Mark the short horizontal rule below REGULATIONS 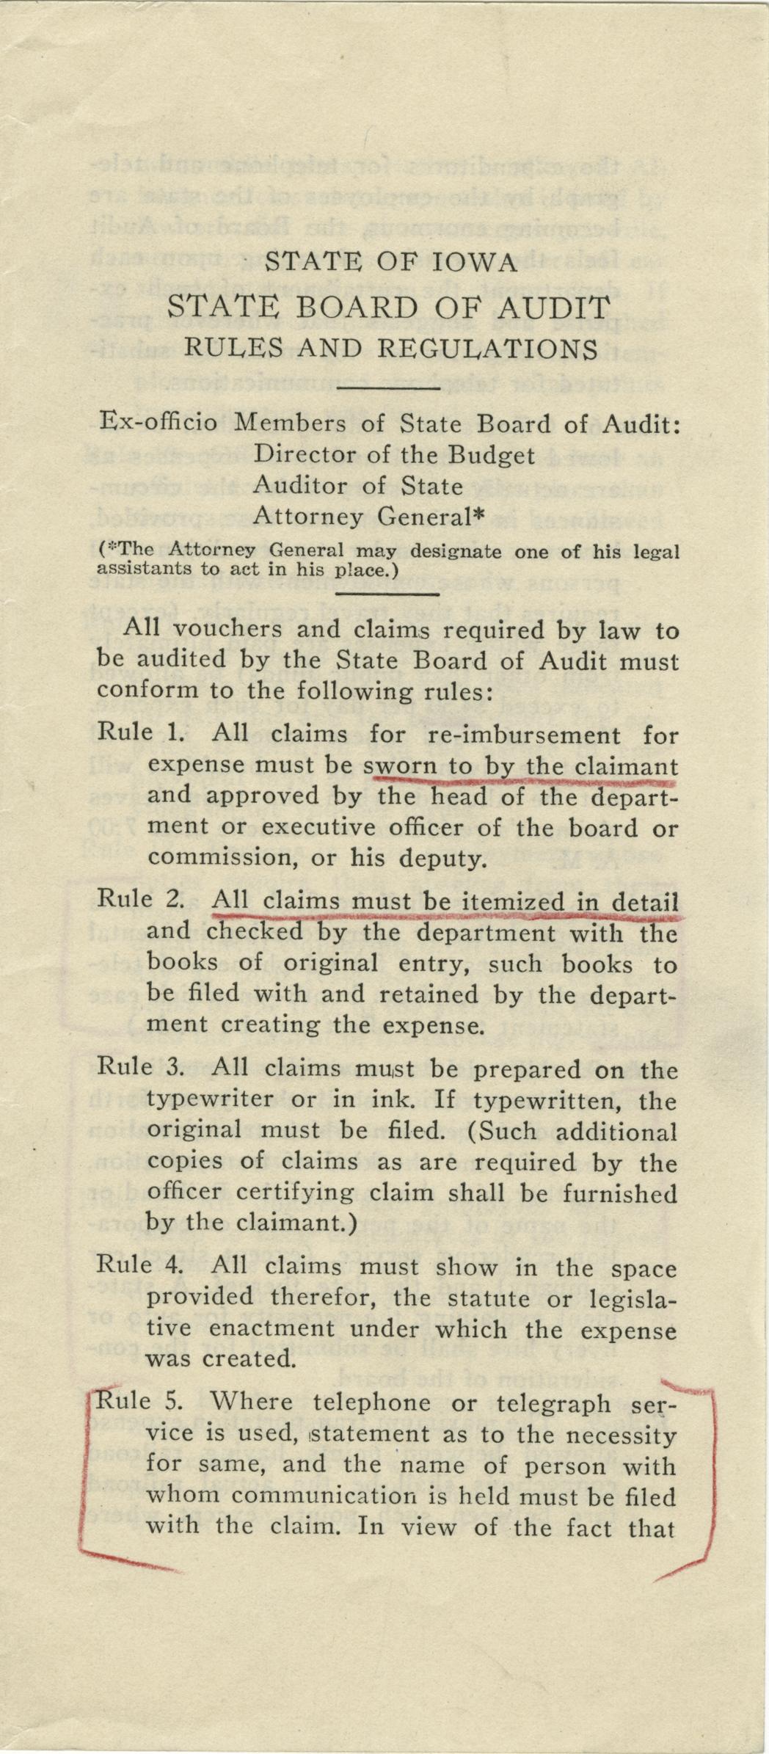tap(387, 386)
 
